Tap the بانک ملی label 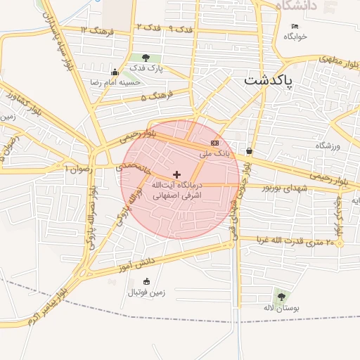215,153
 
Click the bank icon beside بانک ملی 214,143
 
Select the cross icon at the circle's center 176,174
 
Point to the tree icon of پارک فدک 146,58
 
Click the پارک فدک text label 146,69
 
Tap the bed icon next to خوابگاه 295,27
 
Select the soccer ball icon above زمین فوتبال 146,281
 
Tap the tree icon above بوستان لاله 281,297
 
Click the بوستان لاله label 281,309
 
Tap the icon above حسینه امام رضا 115,72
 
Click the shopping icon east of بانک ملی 250,150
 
